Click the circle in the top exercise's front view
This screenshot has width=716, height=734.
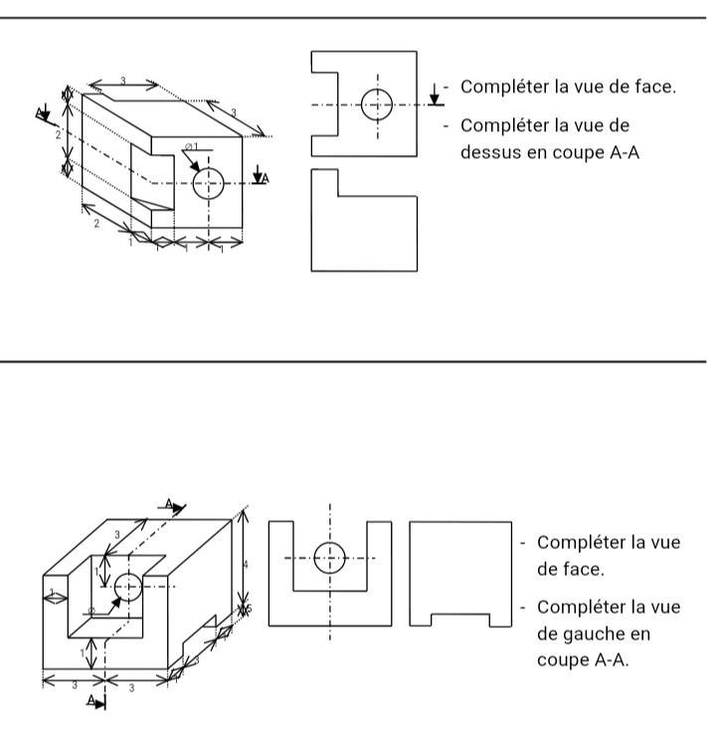(x=377, y=103)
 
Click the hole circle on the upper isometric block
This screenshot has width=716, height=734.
(x=208, y=182)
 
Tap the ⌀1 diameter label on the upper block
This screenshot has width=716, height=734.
(x=191, y=147)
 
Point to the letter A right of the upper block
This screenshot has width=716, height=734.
(x=266, y=177)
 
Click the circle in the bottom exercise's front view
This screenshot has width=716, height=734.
(x=329, y=557)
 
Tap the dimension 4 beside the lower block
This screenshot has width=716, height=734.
(x=246, y=564)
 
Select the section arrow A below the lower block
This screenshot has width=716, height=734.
(x=96, y=701)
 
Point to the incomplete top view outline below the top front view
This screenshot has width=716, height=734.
(x=364, y=220)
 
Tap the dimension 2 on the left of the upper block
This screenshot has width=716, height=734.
(x=59, y=133)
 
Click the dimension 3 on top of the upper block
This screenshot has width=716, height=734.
(x=122, y=81)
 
